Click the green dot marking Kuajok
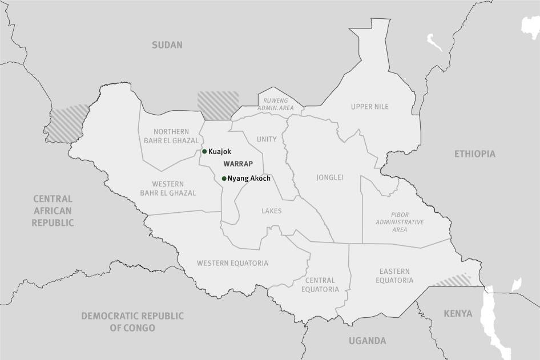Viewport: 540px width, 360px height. pyautogui.click(x=204, y=151)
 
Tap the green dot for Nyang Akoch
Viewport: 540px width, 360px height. pyautogui.click(x=224, y=179)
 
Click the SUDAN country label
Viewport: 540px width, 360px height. pyautogui.click(x=167, y=45)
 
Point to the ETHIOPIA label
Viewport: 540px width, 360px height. pyautogui.click(x=474, y=154)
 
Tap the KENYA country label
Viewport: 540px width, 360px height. pyautogui.click(x=458, y=313)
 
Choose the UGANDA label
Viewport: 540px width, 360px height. pyautogui.click(x=367, y=341)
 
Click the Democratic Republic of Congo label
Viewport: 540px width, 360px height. pyautogui.click(x=132, y=322)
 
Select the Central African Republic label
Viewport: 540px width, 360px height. pyautogui.click(x=53, y=211)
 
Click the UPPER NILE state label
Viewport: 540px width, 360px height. pyautogui.click(x=369, y=107)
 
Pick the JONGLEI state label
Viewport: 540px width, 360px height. pyautogui.click(x=330, y=177)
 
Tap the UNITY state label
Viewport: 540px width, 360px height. pyautogui.click(x=267, y=139)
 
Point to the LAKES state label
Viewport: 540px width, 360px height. pyautogui.click(x=272, y=211)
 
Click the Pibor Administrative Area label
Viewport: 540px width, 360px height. pyautogui.click(x=400, y=222)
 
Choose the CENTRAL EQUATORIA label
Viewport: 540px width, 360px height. pyautogui.click(x=320, y=285)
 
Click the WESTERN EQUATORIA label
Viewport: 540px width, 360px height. pyautogui.click(x=232, y=263)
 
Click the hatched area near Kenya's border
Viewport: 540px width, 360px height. pyautogui.click(x=452, y=280)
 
